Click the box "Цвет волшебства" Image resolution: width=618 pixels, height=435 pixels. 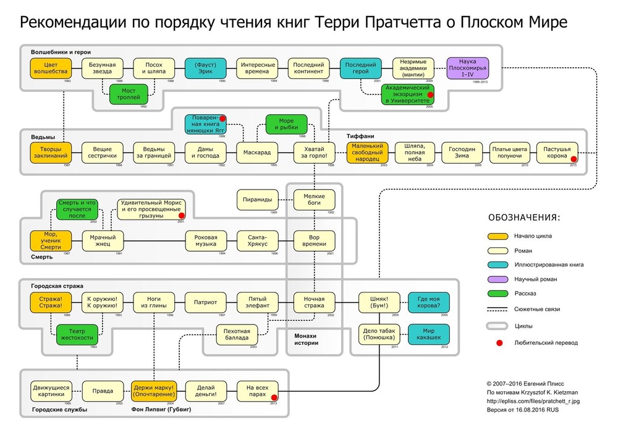[51, 68]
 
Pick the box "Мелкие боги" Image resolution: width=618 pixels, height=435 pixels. [314, 199]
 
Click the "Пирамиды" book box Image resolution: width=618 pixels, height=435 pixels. [258, 199]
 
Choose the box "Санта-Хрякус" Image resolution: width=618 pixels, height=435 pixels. [258, 240]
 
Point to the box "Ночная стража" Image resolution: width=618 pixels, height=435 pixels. [314, 302]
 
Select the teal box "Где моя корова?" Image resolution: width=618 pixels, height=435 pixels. [429, 302]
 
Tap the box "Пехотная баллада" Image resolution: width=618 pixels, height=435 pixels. [237, 334]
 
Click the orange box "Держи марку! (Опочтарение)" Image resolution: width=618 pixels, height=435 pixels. [153, 391]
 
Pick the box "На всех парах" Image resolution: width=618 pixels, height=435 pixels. [258, 391]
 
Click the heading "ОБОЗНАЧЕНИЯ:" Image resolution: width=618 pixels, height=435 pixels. [524, 217]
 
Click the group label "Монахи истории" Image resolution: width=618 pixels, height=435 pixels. [307, 339]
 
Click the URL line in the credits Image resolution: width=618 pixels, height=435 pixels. [533, 401]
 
